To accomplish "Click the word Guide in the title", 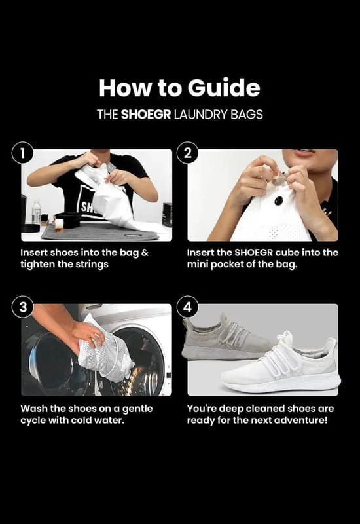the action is [224, 88].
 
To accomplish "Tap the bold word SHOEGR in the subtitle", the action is [145, 115].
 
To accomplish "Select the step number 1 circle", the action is [23, 153].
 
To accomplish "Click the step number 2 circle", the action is [188, 153].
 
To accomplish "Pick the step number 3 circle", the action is [23, 307].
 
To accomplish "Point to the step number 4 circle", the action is [188, 307].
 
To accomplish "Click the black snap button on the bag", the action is [279, 201].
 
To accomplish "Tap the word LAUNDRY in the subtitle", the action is [201, 115].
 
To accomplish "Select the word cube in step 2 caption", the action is [287, 252].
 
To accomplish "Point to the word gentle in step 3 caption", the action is [137, 409].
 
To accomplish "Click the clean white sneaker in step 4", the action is [281, 363].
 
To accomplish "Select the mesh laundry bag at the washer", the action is [106, 350].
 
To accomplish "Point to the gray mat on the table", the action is [100, 232].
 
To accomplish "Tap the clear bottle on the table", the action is [37, 211].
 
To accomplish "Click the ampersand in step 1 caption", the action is [145, 253].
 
